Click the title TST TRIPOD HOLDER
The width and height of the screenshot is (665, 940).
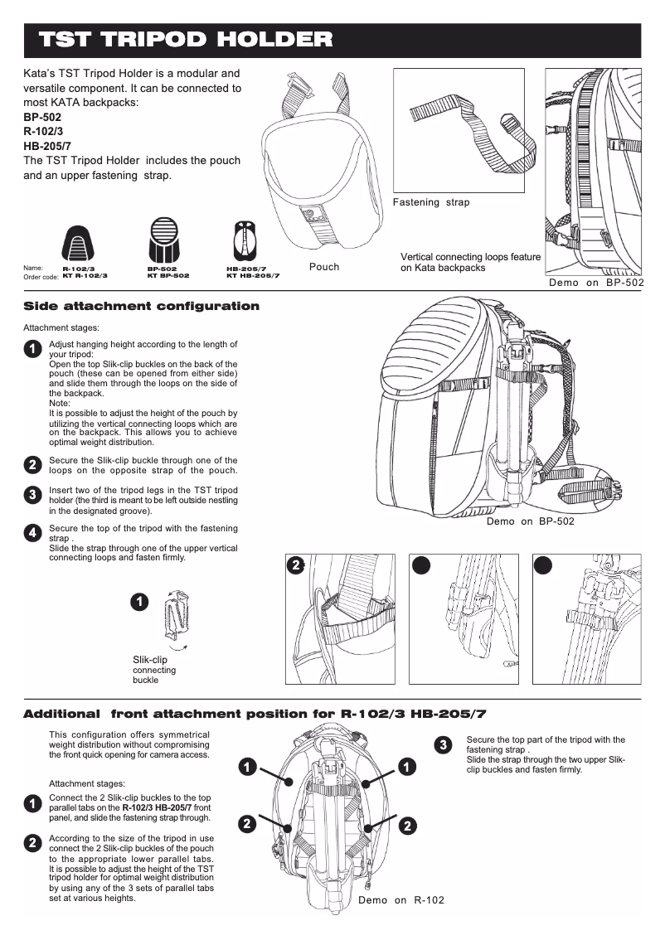[x=187, y=40]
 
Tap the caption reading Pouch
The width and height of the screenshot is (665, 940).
[x=324, y=267]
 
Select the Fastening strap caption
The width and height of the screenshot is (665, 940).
[x=430, y=202]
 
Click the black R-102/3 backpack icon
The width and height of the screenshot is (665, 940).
[x=79, y=243]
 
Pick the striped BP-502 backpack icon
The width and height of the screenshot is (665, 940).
[x=163, y=241]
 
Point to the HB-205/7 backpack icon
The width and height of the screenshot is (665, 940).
[x=245, y=241]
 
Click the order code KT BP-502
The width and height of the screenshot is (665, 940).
[x=168, y=275]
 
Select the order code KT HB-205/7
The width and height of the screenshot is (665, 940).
[x=253, y=275]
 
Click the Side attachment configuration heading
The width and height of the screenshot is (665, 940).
[x=141, y=307]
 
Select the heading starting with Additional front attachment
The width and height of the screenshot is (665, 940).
[x=255, y=714]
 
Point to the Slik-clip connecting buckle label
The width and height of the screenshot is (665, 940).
[x=154, y=669]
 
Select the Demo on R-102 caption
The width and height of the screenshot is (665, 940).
[x=400, y=900]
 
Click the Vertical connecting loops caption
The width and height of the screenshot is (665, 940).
[x=470, y=262]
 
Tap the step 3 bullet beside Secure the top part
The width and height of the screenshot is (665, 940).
[x=444, y=744]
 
